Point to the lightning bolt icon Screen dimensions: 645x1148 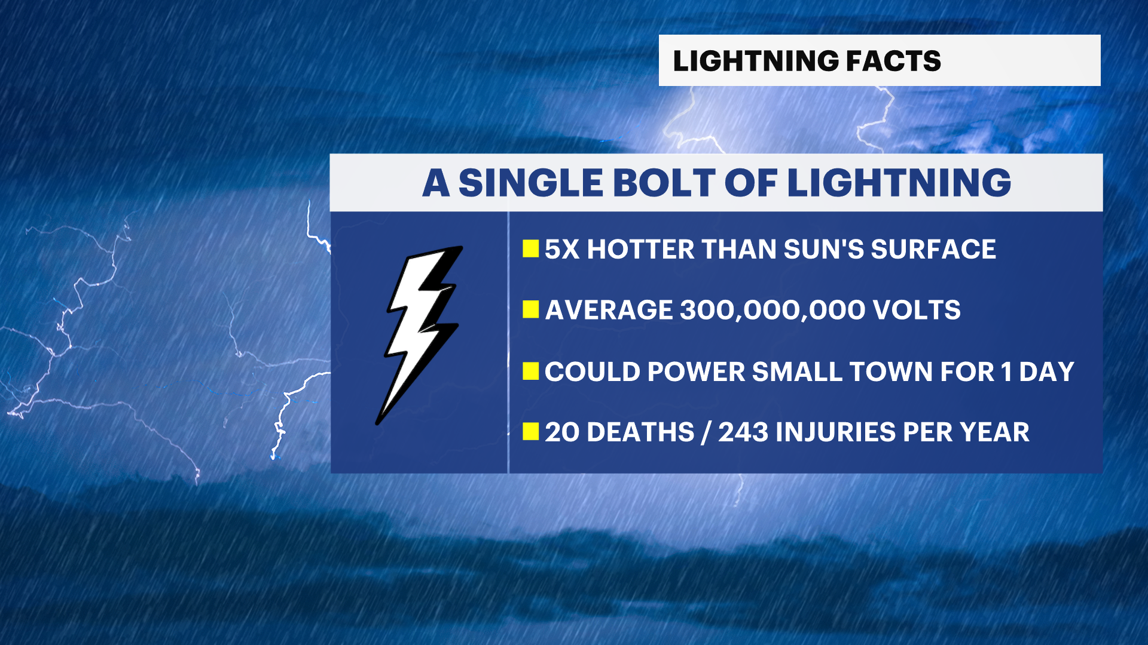pyautogui.click(x=420, y=334)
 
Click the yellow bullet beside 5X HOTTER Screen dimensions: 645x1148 pyautogui.click(x=530, y=248)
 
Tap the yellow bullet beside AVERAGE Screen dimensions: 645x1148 pyautogui.click(x=530, y=309)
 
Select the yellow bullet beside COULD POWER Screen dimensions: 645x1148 pyautogui.click(x=530, y=371)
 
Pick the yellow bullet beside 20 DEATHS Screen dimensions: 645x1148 pyautogui.click(x=530, y=431)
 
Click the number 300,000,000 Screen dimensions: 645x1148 pyautogui.click(x=772, y=310)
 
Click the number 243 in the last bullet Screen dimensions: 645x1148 pyautogui.click(x=743, y=432)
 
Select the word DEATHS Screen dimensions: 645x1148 pyautogui.click(x=640, y=432)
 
